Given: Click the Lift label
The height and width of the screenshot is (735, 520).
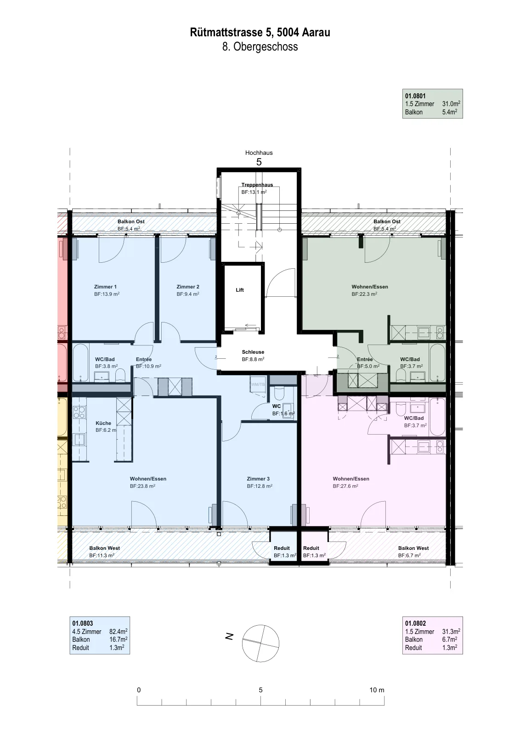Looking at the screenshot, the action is (x=239, y=290).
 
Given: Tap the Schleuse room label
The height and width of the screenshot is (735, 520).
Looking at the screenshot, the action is (x=253, y=352).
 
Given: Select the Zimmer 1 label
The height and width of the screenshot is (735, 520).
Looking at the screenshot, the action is (x=105, y=287).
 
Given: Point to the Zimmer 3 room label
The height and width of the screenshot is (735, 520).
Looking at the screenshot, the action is (x=258, y=479).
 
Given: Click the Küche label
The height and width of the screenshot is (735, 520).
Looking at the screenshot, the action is (x=103, y=423).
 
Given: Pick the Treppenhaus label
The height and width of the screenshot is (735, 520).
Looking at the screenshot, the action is (x=257, y=185).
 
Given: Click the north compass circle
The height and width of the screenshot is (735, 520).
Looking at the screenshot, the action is (x=260, y=643).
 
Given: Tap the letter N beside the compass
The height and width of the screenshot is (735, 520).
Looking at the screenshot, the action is (x=229, y=636).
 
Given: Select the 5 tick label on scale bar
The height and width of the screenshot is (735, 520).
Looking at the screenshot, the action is (x=260, y=690).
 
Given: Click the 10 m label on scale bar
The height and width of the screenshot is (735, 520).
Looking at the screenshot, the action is (x=377, y=690).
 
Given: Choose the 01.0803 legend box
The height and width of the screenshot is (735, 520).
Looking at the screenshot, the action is (x=100, y=635).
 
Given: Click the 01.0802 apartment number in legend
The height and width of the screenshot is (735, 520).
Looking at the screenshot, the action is (x=415, y=623).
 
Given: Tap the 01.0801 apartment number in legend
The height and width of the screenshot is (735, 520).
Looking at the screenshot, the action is (x=415, y=96).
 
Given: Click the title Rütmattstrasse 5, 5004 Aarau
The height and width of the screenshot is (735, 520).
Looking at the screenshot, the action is (x=260, y=32).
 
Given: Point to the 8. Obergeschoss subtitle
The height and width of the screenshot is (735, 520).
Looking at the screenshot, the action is (x=260, y=46).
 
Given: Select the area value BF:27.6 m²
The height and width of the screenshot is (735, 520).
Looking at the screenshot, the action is (x=345, y=486).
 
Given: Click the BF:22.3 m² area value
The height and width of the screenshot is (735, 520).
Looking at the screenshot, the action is (x=364, y=294).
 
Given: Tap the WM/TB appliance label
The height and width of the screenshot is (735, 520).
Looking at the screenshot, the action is (x=258, y=384).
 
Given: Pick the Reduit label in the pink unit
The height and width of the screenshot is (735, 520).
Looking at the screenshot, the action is (x=311, y=548).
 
